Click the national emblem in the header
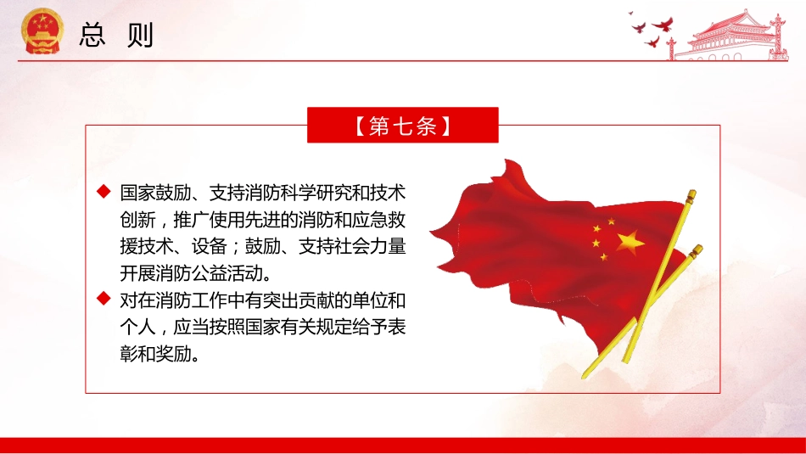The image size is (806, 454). (41, 31)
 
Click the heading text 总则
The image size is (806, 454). (116, 33)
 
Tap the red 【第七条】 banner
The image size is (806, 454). (402, 126)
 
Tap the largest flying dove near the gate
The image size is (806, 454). (663, 25)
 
